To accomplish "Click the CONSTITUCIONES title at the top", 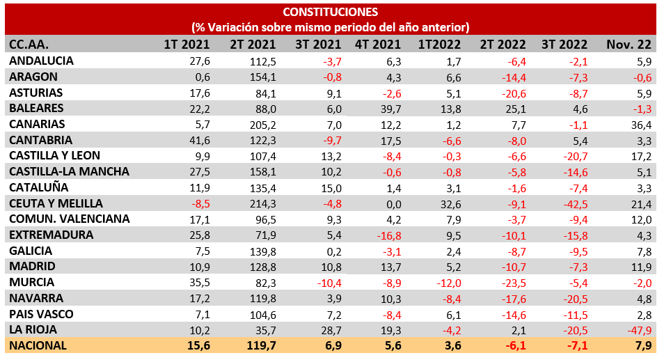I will [x=331, y=12].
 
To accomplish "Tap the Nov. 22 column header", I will [x=629, y=45].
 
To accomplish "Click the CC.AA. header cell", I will [x=29, y=45].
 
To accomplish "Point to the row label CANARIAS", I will [x=38, y=124].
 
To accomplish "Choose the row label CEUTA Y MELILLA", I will [x=56, y=203].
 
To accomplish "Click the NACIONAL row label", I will [x=38, y=345].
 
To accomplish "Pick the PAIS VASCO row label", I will [x=41, y=314].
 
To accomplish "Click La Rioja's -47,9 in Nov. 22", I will [x=638, y=330].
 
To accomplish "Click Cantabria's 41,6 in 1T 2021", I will [x=198, y=140].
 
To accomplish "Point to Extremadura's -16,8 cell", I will [x=386, y=235].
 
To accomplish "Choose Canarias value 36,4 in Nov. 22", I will [x=639, y=124].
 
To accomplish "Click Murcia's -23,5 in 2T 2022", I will [x=512, y=283].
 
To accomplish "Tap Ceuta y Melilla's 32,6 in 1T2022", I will [x=448, y=203].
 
